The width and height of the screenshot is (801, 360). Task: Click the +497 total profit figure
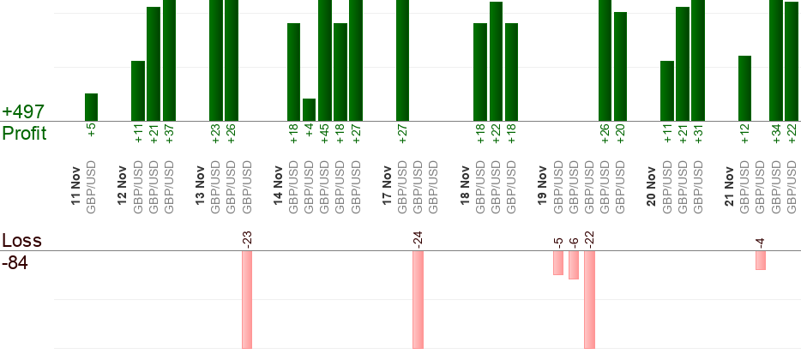(x=23, y=112)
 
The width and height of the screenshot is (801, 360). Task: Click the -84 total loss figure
(x=15, y=263)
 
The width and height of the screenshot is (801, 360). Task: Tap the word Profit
(x=24, y=134)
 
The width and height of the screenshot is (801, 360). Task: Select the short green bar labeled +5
(x=91, y=107)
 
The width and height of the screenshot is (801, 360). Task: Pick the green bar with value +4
(x=309, y=110)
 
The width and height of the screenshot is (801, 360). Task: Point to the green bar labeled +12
(x=744, y=88)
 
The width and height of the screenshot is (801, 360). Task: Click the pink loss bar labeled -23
(x=247, y=300)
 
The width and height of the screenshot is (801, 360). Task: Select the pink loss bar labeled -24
(x=418, y=300)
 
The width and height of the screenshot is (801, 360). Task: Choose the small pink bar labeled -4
(x=761, y=261)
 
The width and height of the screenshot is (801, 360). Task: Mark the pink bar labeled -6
(x=574, y=266)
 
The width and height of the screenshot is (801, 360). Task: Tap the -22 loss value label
(x=589, y=238)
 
